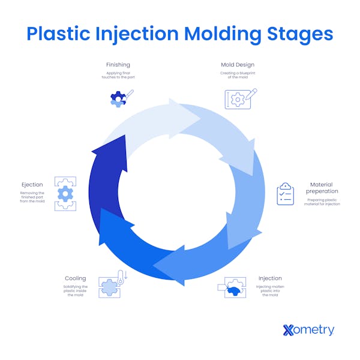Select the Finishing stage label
[118, 65]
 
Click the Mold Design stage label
[237, 65]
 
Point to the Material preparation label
[322, 188]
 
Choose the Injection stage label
[270, 278]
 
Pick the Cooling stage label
[76, 278]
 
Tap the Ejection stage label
[32, 185]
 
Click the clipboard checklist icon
[285, 194]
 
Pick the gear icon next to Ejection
[65, 193]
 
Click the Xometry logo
[308, 329]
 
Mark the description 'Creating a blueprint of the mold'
[237, 76]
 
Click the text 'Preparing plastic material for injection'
[323, 202]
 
